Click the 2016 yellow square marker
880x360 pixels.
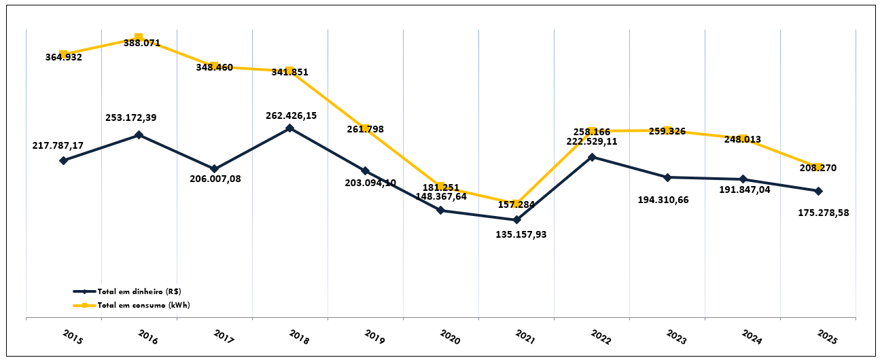[x=139, y=37]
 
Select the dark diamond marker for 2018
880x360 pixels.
[x=289, y=128]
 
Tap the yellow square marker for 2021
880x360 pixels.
[x=516, y=204]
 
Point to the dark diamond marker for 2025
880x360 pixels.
[x=818, y=191]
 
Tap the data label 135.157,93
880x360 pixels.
[x=521, y=234]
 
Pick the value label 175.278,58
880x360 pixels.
[x=824, y=213]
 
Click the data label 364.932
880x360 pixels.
[x=63, y=57]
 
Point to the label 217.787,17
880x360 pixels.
[x=58, y=145]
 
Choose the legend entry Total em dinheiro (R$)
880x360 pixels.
[x=139, y=291]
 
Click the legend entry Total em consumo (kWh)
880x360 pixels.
[x=143, y=305]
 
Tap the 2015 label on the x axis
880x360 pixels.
[x=72, y=337]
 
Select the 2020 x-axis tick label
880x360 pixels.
[x=449, y=337]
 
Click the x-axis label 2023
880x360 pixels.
[x=675, y=337]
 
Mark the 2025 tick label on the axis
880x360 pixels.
[x=826, y=337]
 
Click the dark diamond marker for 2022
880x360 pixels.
[x=592, y=157]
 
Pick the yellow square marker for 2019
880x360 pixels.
[x=365, y=128]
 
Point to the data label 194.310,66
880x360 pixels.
[x=663, y=200]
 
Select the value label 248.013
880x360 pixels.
[x=742, y=139]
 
